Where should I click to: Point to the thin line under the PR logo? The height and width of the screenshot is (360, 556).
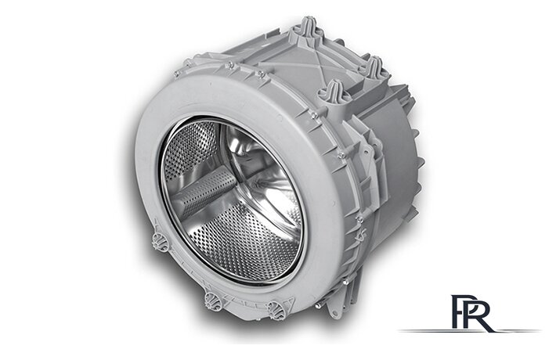point(469,331)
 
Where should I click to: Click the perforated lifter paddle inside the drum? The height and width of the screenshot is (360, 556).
point(207,193)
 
